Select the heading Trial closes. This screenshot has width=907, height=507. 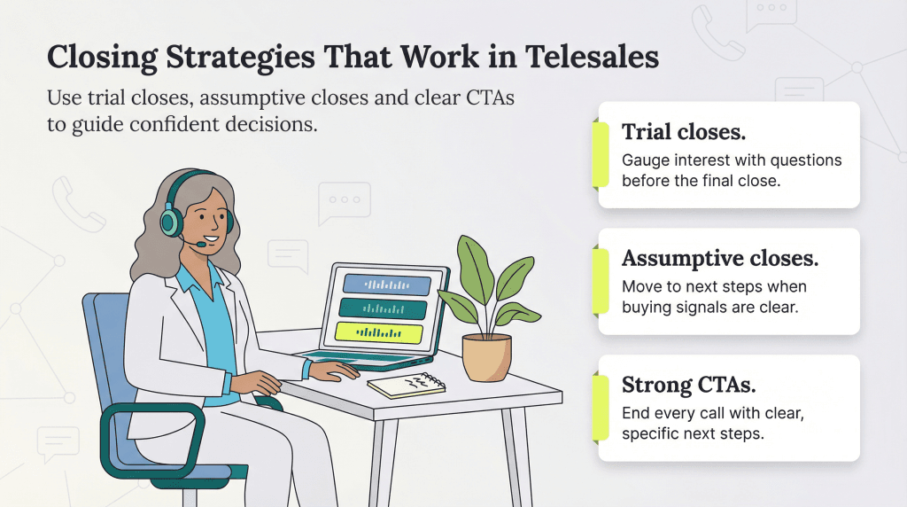pos(683,132)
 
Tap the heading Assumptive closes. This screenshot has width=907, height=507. pos(719,258)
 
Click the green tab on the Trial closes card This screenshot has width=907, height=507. pos(602,154)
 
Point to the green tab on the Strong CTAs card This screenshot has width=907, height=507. pos(602,407)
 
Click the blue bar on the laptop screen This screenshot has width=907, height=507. pos(386,285)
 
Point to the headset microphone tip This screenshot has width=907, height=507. pos(203,244)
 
